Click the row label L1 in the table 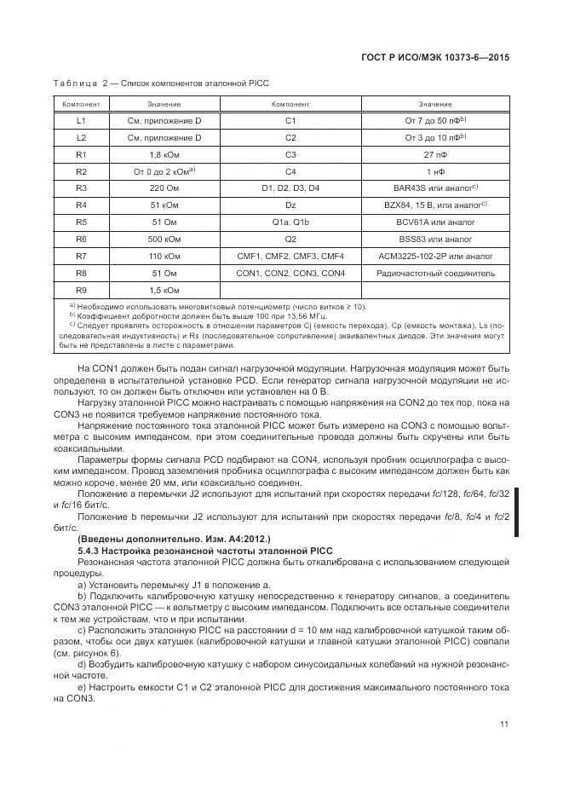coord(82,121)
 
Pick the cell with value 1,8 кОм coord(164,154)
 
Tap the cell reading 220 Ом coord(164,188)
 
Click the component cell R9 coord(82,290)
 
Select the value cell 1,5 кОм coord(164,290)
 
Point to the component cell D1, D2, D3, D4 coord(290,188)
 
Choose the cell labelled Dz coord(290,205)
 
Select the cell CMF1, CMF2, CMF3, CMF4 coord(290,256)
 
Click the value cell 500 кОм coord(164,239)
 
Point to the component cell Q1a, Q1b coord(290,222)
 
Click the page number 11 coord(504,725)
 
